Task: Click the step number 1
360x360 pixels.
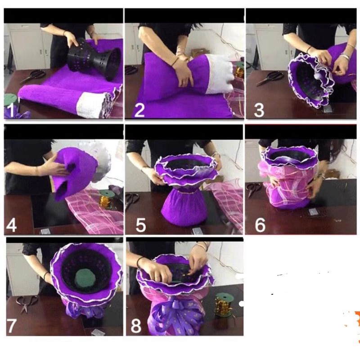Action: pos(10,110)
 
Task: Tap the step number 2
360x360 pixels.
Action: pos(139,110)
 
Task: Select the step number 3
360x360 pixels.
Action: pos(259,110)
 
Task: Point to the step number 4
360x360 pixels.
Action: pos(11,225)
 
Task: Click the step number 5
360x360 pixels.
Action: pos(140,225)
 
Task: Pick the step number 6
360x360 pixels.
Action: pos(260,225)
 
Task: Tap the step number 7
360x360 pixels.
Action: pos(12,326)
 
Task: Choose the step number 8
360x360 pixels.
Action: pos(136,326)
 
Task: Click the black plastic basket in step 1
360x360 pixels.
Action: pos(94,59)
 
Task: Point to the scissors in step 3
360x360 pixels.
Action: pos(270,78)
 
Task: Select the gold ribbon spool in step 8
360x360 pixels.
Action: pos(224,306)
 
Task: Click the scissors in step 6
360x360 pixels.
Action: pos(253,189)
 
